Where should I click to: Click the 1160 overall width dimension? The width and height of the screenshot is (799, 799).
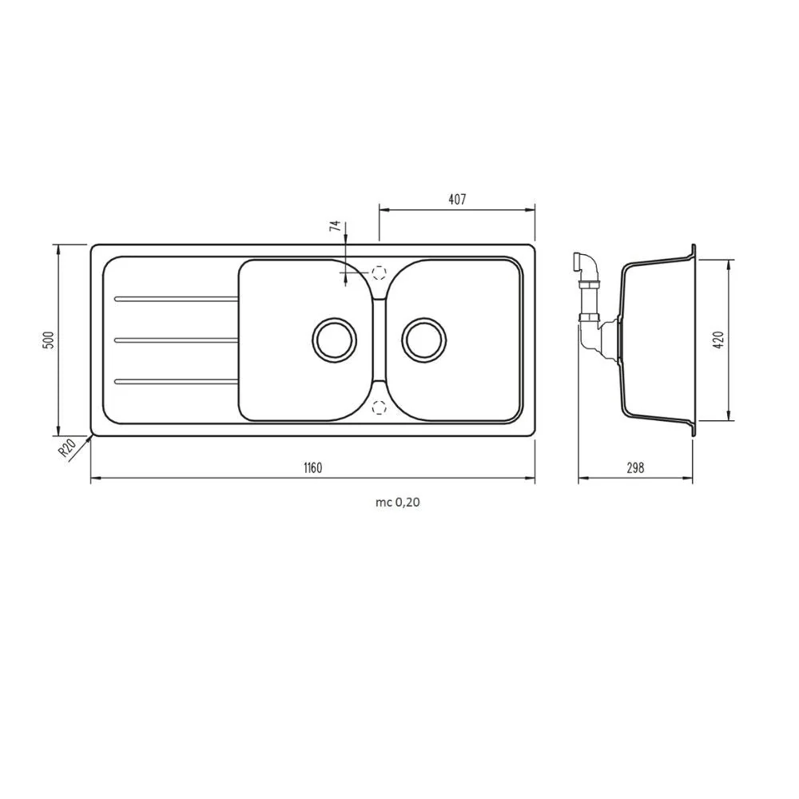click(x=313, y=467)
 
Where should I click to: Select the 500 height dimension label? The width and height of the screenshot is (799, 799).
click(x=49, y=340)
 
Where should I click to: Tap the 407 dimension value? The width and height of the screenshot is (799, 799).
click(x=457, y=199)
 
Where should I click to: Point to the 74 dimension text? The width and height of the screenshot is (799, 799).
click(x=335, y=226)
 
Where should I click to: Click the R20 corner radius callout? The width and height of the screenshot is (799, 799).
click(x=67, y=448)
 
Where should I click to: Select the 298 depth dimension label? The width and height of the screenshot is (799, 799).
click(x=635, y=467)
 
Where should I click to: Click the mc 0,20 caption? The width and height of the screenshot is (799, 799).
click(x=397, y=503)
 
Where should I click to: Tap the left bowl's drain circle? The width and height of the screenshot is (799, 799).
click(x=334, y=340)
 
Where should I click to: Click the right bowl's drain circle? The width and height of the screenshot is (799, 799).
click(x=424, y=340)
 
